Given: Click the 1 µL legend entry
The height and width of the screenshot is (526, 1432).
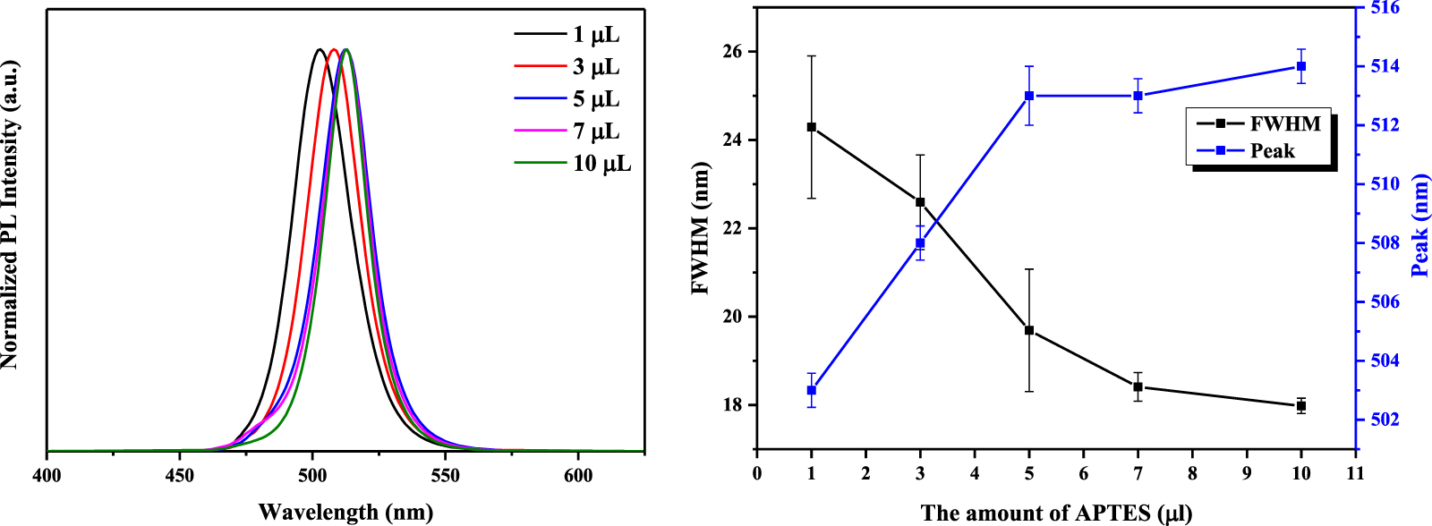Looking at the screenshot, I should [x=595, y=35].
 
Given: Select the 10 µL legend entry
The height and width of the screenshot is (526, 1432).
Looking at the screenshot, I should [x=601, y=164].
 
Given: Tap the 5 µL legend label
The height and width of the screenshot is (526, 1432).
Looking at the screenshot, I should [x=596, y=99].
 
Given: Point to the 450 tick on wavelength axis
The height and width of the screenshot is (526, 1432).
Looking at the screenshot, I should [x=180, y=475].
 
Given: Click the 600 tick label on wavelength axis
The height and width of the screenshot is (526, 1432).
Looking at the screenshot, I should [x=578, y=475].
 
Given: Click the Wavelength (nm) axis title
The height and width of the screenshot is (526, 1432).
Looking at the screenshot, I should [x=345, y=512].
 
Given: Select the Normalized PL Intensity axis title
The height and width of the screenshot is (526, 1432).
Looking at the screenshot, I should [x=10, y=215].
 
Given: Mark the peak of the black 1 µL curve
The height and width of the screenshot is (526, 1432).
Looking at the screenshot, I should [x=319, y=49].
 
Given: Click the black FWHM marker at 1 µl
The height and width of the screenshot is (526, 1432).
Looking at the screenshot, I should [x=812, y=127].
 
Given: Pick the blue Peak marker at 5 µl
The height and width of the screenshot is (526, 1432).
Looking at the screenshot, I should [x=1029, y=96].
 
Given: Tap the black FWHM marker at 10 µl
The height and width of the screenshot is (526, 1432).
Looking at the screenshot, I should [x=1301, y=406].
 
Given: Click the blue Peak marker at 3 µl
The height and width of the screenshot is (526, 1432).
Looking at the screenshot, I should [x=920, y=243].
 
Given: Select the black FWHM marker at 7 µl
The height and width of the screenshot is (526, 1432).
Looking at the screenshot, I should [x=1138, y=387].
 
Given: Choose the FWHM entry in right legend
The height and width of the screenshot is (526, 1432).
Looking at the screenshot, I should [x=1284, y=124].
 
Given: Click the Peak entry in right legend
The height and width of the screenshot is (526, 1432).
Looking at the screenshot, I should [x=1272, y=151].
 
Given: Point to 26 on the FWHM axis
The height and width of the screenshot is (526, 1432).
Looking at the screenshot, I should [x=732, y=52].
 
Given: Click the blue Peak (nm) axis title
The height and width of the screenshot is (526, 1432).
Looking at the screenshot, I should [x=1420, y=225].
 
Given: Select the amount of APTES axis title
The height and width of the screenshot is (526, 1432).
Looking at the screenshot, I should [x=1056, y=513].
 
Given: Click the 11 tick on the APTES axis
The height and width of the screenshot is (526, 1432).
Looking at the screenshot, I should [x=1355, y=473].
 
